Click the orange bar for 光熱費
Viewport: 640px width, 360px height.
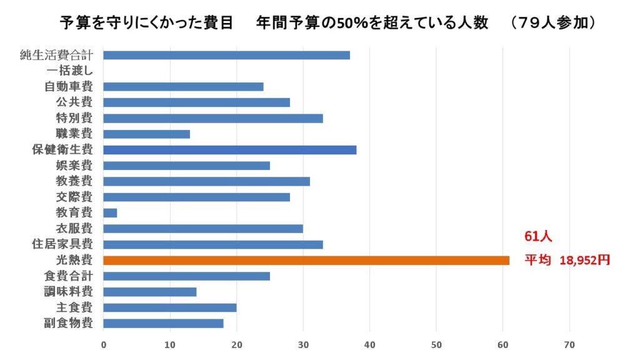(306, 260)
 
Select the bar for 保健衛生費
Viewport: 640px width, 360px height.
(229, 150)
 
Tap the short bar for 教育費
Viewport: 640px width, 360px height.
(110, 213)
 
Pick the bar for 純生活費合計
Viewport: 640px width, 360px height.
(226, 55)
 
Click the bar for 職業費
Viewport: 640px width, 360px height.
(146, 134)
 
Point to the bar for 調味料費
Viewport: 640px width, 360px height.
(149, 292)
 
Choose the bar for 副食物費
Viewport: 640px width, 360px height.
(163, 323)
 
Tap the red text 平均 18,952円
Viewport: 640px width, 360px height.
(567, 261)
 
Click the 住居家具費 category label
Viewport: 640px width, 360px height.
(62, 244)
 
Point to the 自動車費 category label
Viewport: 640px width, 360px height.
(69, 87)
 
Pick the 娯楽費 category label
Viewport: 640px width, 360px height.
(74, 166)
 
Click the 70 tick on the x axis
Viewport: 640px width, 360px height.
(569, 344)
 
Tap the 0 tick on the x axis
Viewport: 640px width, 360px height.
(103, 344)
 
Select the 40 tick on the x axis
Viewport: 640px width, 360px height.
(369, 344)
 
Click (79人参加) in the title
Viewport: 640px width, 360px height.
(551, 23)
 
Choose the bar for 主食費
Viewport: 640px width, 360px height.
(169, 307)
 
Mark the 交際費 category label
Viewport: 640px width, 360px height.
(74, 197)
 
